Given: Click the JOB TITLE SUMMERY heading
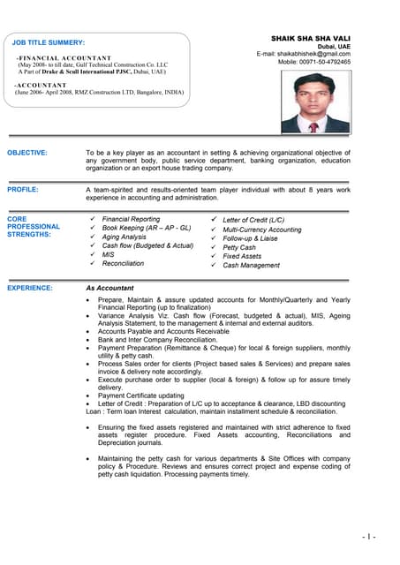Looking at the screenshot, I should coord(49,42).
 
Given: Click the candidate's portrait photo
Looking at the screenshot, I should coord(315,102).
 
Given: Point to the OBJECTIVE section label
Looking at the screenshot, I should coord(27,153).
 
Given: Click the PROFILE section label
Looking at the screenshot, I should coord(23,190).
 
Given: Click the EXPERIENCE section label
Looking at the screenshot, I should coord(30,288).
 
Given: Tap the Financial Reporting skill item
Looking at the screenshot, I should coord(131,219).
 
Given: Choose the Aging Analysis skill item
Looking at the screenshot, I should coord(124,237).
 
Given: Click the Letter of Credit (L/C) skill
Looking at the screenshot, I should coord(253,219).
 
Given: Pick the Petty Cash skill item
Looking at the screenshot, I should coord(239,247).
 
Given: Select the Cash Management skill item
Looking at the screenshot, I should coord(251,265).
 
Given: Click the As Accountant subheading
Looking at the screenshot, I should coord(109,288).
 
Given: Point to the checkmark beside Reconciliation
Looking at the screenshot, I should coord(92,263).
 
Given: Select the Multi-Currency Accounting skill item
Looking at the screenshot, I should coord(261,229).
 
